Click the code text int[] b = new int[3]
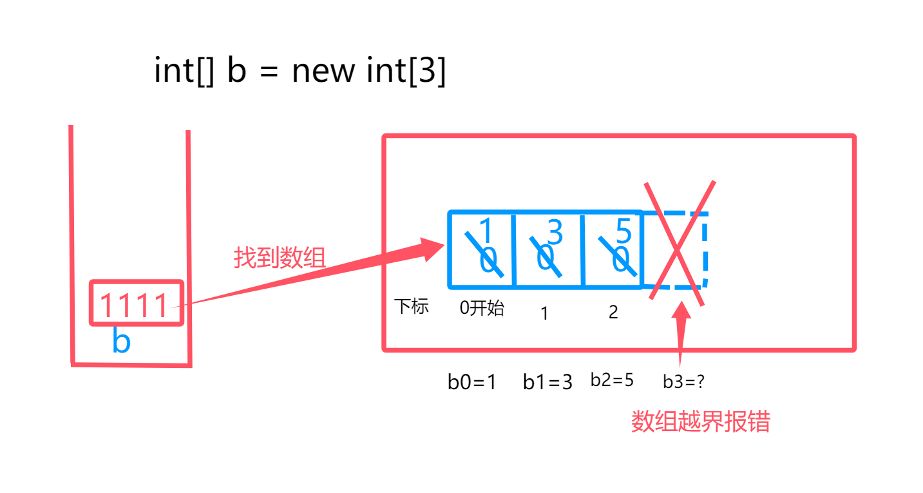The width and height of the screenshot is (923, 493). click(300, 71)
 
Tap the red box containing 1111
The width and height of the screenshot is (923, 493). click(137, 303)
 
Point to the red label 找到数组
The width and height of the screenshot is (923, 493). click(280, 258)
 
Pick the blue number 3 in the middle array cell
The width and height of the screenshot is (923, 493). click(555, 232)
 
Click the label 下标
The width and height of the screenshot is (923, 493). click(412, 307)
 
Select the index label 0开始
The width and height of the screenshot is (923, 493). click(482, 308)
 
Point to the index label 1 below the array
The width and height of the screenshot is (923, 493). click(544, 314)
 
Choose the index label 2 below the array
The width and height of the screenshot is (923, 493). click(613, 313)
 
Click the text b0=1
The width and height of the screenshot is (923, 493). click(472, 382)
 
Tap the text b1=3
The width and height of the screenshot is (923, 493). click(547, 382)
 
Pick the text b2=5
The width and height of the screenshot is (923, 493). click(612, 380)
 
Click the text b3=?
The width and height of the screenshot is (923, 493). click(684, 382)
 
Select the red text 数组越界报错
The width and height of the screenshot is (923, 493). click(700, 422)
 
